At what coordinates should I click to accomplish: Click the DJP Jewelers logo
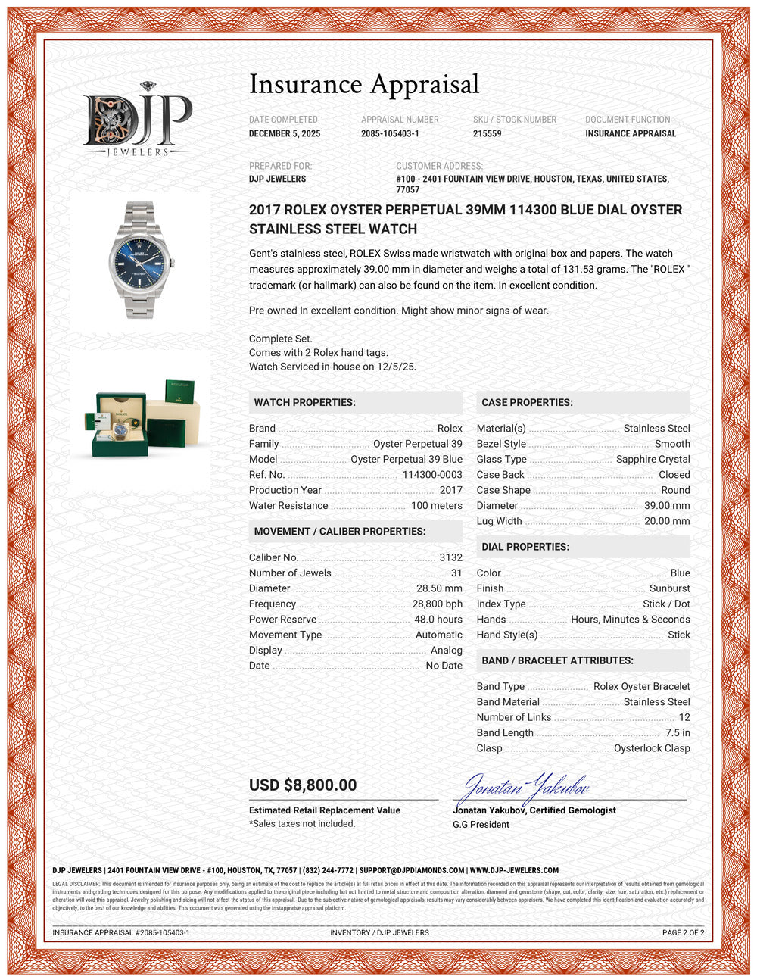click(137, 120)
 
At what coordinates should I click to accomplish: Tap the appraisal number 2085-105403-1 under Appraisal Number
click(390, 133)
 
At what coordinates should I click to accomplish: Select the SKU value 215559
click(487, 133)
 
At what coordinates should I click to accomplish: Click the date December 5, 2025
click(285, 133)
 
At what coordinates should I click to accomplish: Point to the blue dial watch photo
click(141, 259)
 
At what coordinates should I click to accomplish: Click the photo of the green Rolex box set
click(142, 419)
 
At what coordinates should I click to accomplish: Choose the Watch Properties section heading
click(304, 402)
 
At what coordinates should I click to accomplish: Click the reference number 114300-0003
click(431, 475)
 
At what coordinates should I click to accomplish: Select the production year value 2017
click(450, 490)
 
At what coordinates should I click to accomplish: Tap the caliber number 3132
click(450, 557)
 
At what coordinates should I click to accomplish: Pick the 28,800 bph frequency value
click(437, 604)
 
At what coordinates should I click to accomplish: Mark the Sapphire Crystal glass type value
click(653, 459)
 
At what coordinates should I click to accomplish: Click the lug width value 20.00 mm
click(666, 521)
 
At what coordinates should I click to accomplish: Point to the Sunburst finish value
click(669, 588)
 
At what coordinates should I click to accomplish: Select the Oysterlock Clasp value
click(651, 748)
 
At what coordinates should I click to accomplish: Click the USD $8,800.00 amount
click(303, 785)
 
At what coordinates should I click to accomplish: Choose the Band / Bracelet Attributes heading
click(557, 660)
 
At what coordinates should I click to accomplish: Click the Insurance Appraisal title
click(364, 84)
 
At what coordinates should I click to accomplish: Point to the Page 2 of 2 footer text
click(683, 932)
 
